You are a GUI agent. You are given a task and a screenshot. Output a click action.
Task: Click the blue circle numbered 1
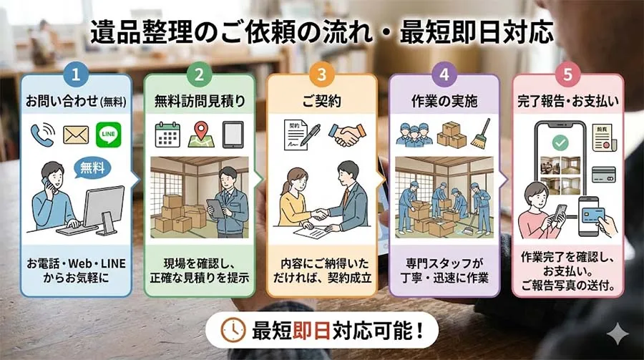point(76,74)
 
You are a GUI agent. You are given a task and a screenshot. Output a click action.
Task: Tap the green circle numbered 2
point(199,74)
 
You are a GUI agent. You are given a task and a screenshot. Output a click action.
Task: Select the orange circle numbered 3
point(322,74)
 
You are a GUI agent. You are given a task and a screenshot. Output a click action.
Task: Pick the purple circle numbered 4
point(444,74)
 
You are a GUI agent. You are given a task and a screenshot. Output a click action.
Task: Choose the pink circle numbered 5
point(567,74)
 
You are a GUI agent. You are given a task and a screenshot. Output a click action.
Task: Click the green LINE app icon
point(109,135)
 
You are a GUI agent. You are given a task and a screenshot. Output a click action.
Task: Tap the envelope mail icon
point(76,135)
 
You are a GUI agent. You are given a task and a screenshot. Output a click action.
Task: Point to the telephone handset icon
point(43,135)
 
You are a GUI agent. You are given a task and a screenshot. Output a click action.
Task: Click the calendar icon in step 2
point(167,135)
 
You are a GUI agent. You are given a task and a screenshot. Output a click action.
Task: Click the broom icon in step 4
point(481,133)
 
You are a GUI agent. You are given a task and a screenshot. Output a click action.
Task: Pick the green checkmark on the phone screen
point(560,142)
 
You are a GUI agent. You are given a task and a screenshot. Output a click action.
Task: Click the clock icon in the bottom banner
point(233,330)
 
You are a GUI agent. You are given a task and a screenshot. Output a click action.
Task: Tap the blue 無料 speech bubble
point(92,168)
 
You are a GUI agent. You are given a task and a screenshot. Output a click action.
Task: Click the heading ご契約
point(322,101)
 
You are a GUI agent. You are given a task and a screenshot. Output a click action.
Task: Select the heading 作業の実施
point(444,101)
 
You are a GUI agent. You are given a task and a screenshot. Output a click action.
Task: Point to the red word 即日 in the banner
point(312,331)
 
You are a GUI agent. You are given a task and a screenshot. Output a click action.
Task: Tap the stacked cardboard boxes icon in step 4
point(452,135)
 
